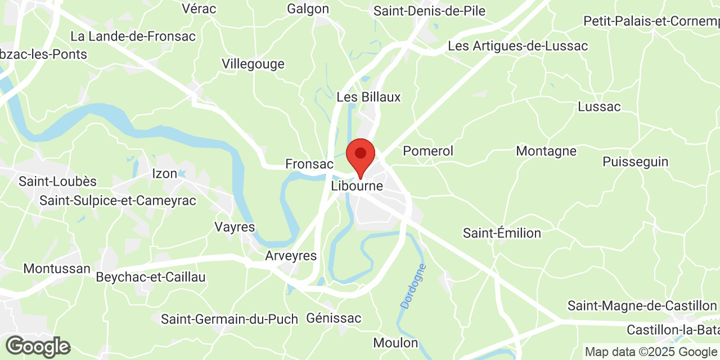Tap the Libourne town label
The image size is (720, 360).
(357, 186)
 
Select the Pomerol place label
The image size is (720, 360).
(428, 151)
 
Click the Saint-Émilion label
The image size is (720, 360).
(502, 233)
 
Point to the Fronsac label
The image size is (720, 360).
(309, 164)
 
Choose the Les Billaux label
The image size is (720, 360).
(368, 97)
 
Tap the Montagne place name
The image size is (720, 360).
(546, 151)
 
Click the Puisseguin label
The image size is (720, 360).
(635, 162)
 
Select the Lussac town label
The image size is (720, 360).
(599, 107)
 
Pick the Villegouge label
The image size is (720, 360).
(253, 64)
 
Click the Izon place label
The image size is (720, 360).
(165, 173)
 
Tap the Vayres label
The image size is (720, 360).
(235, 227)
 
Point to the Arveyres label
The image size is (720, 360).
(291, 256)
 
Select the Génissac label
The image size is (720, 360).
(334, 318)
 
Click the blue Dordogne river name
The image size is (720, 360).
(413, 286)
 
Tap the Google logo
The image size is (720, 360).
(38, 346)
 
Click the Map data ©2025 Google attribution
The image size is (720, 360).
(651, 352)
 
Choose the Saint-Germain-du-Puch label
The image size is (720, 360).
(229, 319)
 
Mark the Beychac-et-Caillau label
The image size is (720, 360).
(151, 277)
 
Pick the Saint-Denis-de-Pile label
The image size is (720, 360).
(429, 11)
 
